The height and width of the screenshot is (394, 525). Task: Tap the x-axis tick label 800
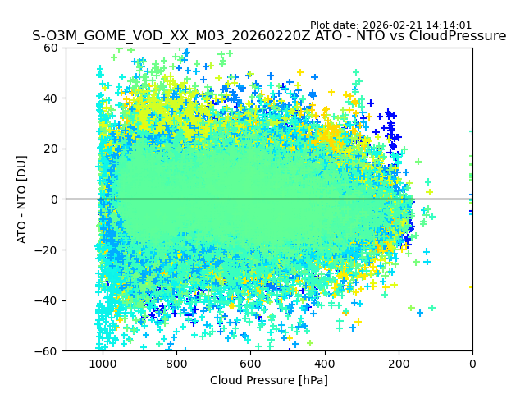tap(176, 364)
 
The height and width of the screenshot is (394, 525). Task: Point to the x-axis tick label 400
tap(324, 364)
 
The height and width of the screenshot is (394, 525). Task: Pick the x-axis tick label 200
tap(399, 364)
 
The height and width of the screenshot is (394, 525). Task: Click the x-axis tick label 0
tap(472, 364)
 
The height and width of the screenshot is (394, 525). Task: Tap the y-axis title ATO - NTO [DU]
tap(22, 199)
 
